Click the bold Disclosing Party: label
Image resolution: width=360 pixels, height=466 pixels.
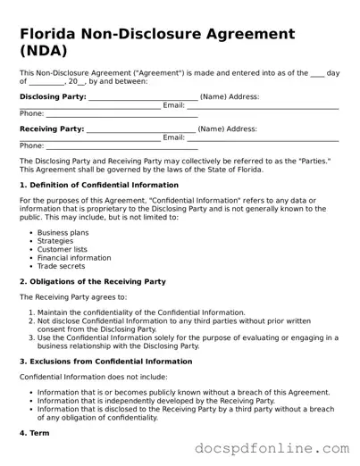[53, 96]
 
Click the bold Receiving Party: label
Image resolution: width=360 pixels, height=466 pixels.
[52, 129]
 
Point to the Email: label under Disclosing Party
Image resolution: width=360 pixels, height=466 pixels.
[173, 105]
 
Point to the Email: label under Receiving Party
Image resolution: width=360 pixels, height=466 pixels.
[173, 137]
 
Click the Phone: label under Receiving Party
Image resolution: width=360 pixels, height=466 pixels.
[31, 146]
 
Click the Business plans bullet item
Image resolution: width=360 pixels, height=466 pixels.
[63, 232]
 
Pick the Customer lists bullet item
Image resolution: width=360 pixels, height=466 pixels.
[63, 249]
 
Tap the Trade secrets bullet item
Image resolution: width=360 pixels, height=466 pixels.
[61, 266]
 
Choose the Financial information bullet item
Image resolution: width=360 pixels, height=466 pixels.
[73, 258]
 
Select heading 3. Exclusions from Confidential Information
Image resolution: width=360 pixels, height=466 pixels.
[105, 362]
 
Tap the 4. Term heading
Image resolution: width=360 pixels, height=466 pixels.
[36, 433]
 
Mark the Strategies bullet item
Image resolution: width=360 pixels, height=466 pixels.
[55, 241]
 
